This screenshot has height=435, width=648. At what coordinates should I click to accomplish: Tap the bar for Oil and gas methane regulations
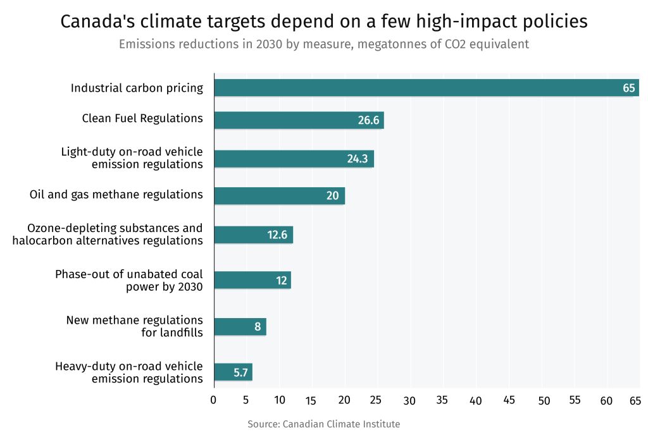(279, 195)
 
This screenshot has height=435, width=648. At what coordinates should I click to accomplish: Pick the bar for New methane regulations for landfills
(240, 327)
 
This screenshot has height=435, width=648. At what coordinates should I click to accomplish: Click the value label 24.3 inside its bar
(358, 159)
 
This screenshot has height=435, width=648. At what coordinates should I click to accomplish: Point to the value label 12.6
(277, 235)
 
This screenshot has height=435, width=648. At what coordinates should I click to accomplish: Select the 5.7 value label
(240, 372)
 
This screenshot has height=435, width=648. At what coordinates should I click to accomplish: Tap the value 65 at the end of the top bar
(628, 88)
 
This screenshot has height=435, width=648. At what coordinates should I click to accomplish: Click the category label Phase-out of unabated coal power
(129, 280)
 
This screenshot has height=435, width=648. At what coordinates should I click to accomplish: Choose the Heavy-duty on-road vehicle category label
(129, 372)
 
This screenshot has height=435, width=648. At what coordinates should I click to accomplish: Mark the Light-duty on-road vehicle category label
(132, 158)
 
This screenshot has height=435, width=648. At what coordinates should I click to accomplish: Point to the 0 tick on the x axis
(213, 400)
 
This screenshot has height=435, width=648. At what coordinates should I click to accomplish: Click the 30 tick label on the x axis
(410, 400)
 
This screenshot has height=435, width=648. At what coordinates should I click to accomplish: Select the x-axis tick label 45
(509, 400)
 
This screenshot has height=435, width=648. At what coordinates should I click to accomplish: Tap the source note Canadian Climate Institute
(341, 424)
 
